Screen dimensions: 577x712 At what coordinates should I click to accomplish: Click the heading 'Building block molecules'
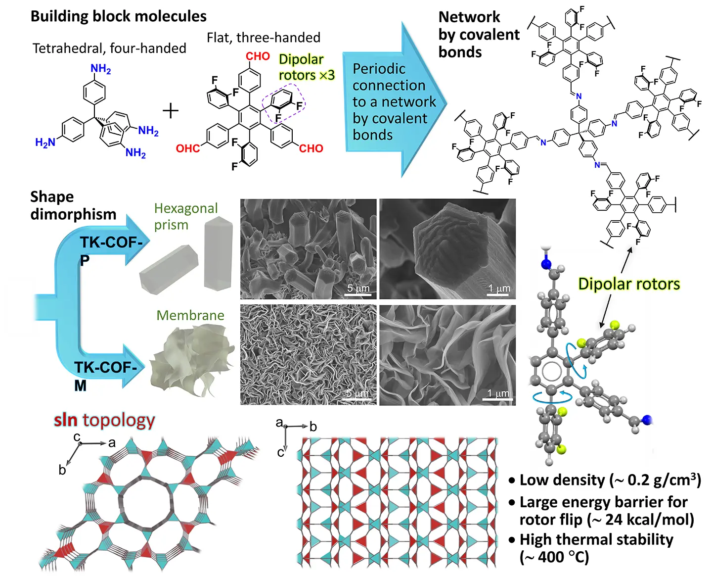(119, 16)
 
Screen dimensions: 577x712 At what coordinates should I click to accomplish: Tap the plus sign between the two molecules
(171, 110)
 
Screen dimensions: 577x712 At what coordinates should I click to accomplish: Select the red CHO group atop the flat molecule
(258, 56)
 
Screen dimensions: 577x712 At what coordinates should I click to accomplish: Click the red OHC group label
(188, 148)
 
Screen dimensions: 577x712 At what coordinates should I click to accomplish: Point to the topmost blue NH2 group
(101, 69)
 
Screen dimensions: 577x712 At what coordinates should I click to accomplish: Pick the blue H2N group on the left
(45, 143)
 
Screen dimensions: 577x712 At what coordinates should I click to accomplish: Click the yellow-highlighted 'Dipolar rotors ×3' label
(307, 67)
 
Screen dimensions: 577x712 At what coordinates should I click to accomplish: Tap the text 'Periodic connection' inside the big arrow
(389, 77)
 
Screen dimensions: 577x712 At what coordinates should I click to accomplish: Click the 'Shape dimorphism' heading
(73, 205)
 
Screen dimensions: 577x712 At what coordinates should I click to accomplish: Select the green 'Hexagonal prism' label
(186, 216)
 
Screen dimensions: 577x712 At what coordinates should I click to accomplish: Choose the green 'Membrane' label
(190, 315)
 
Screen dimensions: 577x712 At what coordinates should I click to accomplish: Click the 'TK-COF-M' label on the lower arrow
(105, 368)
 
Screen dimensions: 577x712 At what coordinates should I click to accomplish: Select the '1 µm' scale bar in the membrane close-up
(498, 394)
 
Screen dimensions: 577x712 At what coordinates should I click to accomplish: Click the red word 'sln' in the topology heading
(66, 420)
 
